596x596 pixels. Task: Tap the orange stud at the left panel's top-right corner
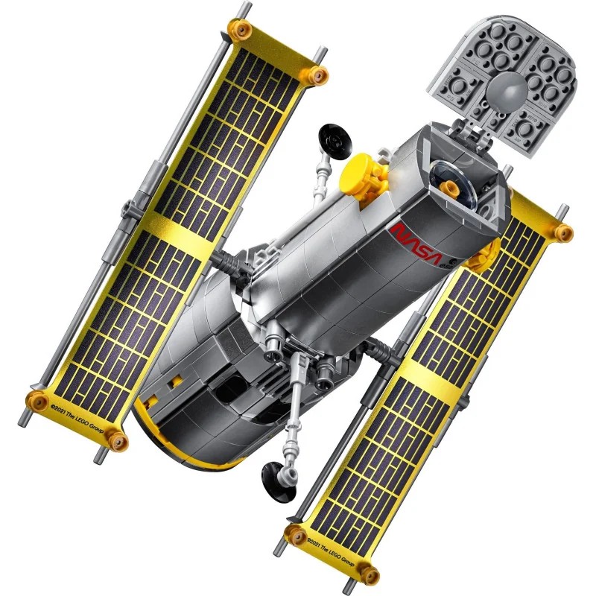[318, 74]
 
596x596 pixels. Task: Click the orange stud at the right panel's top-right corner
[562, 232]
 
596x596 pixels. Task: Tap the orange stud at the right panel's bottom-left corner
[296, 533]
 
